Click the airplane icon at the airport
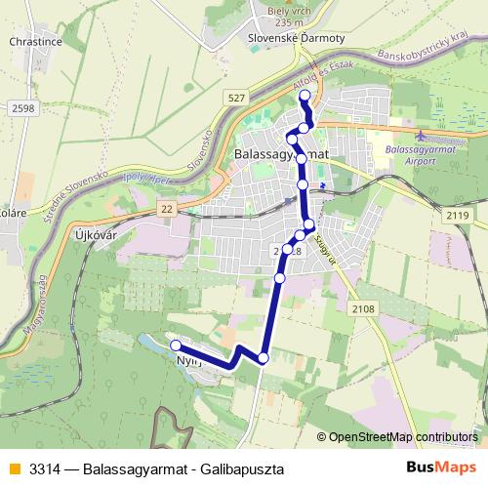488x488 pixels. [x=420, y=135]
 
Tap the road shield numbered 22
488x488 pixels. [x=167, y=209]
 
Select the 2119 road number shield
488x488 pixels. [x=456, y=215]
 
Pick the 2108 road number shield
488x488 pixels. [x=363, y=308]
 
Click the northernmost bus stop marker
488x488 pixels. [x=305, y=95]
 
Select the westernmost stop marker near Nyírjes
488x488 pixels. [x=176, y=345]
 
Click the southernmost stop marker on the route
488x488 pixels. [x=263, y=358]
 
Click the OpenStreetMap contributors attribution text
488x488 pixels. [x=404, y=437]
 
